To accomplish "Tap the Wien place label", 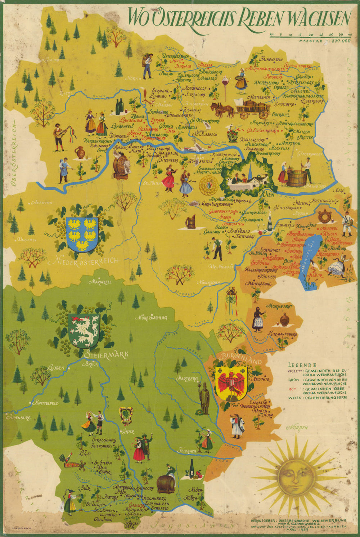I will coord(267,194).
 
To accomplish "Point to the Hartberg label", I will coord(187,379).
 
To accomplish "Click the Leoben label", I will coord(55,368).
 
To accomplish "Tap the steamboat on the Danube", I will coord(194,148).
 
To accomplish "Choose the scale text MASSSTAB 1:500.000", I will coord(324,41).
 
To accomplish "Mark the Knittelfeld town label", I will coord(46,403).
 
